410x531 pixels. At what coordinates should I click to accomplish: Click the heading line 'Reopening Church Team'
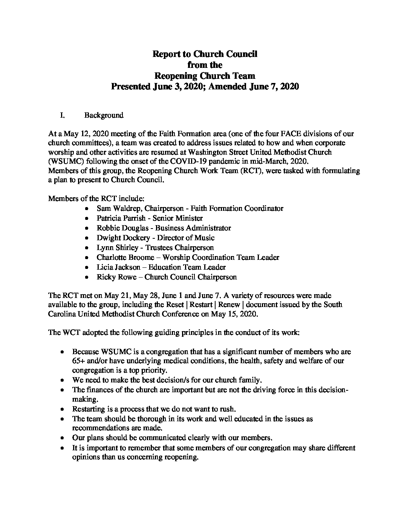click(x=205, y=76)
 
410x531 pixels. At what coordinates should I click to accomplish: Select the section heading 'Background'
click(x=104, y=115)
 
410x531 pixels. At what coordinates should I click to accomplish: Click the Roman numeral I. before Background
click(x=63, y=115)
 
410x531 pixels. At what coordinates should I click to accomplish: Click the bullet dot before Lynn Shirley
click(x=87, y=248)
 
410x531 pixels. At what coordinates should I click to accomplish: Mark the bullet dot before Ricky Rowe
click(x=87, y=277)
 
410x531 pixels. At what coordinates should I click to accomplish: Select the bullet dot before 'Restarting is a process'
click(x=63, y=409)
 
